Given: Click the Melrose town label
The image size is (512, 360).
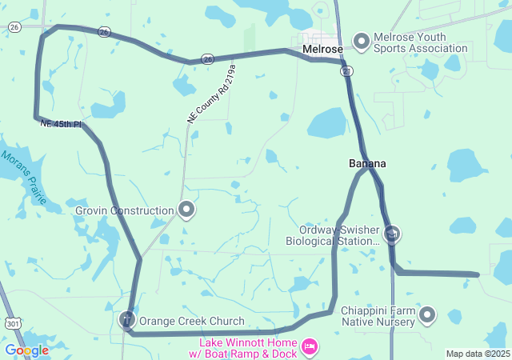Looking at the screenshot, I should coord(323,49).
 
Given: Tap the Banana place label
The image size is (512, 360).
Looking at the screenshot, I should coord(367,163).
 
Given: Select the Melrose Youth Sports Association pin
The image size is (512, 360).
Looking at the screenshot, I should coord(361,41).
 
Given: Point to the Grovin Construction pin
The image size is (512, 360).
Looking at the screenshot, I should coord(187,210).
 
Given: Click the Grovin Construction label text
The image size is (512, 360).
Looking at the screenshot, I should coord(125,211).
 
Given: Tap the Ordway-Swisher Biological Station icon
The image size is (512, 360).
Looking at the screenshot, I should coord(392,234).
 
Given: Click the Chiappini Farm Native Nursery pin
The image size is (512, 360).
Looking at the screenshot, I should coord(427,315).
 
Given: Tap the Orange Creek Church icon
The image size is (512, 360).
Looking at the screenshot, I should coord(126,321).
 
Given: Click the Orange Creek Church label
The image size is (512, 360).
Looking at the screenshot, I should coord(192,322).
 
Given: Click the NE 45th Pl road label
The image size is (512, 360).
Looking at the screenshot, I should coord(61,124).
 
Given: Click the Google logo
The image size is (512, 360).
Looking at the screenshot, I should coord(26,350).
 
